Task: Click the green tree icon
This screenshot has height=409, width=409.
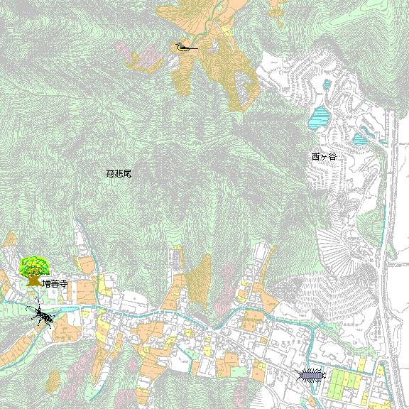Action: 33,271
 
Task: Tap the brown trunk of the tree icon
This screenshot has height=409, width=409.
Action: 33,280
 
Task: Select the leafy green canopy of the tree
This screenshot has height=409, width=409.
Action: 33,266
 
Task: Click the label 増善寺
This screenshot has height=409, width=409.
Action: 54,283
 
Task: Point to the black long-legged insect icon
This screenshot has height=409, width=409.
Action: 41,313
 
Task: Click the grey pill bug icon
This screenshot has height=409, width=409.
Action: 311,374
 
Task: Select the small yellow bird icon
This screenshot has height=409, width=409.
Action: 182,48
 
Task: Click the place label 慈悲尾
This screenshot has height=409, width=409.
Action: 119,173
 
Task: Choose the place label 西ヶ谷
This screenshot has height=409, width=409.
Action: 323,156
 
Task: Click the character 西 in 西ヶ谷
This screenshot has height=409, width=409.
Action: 315,156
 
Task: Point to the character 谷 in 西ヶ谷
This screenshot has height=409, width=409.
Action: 332,156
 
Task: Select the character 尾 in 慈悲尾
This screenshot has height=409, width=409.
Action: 127,173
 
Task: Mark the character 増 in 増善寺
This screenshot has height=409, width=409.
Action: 45,283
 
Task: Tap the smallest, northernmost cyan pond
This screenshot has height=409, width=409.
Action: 327,86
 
